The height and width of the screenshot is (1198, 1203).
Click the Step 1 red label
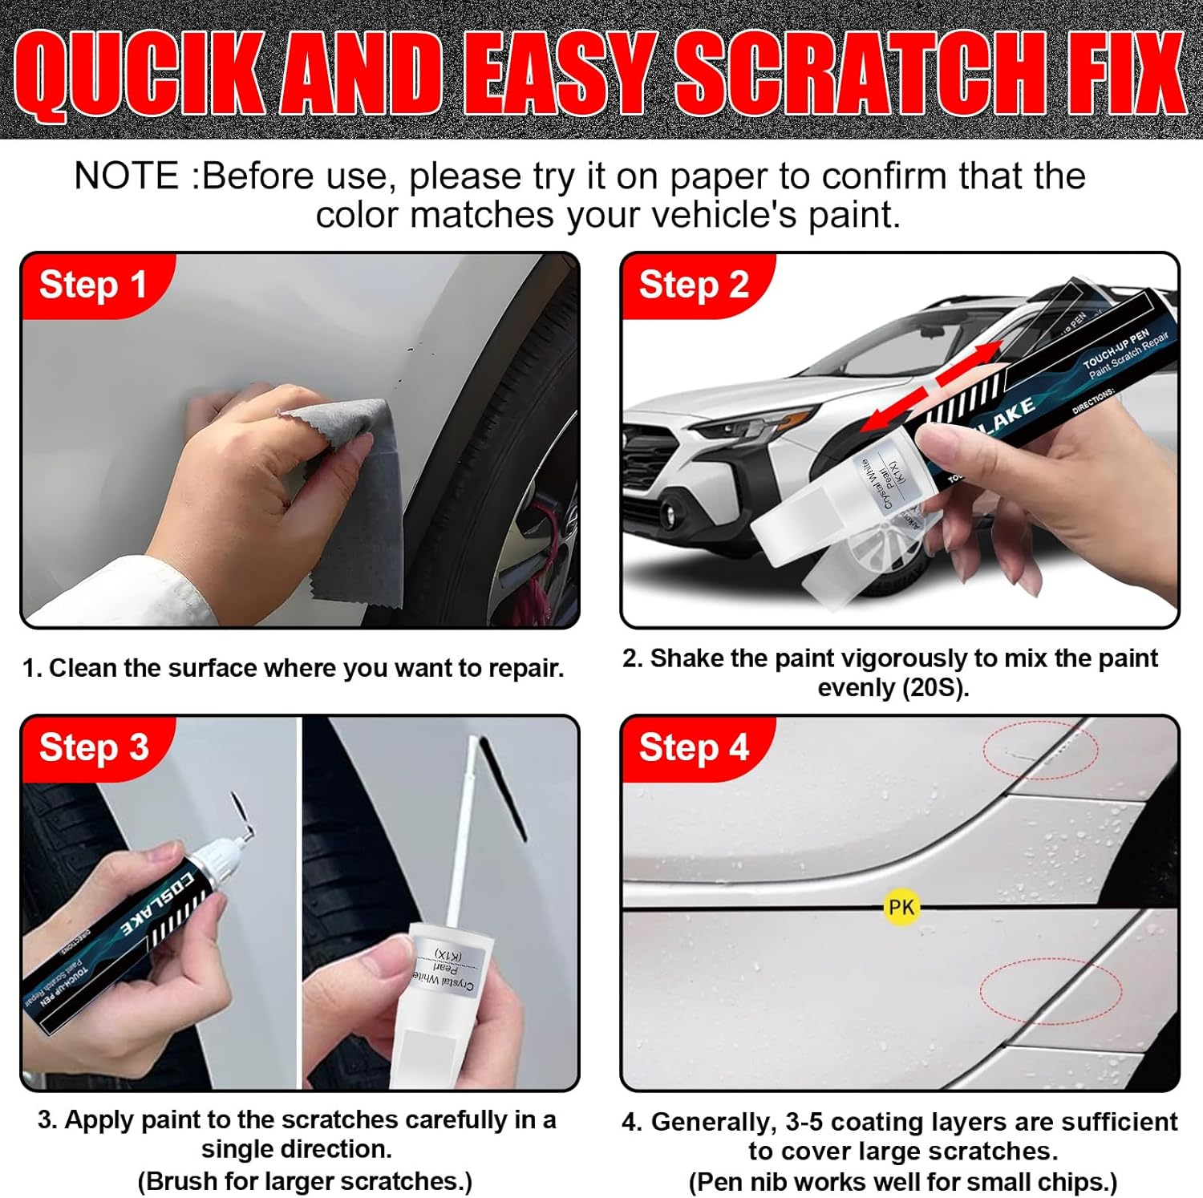[93, 285]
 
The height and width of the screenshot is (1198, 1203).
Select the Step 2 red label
[694, 285]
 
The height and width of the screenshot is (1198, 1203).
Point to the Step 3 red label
[94, 747]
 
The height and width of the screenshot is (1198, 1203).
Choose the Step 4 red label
[694, 747]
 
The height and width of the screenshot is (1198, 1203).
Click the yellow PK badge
[901, 907]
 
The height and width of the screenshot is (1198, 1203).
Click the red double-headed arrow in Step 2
[934, 385]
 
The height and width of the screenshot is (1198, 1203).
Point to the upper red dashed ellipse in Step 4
[1041, 750]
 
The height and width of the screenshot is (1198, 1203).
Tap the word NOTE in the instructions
[126, 176]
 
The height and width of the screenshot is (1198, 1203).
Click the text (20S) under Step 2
[933, 688]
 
